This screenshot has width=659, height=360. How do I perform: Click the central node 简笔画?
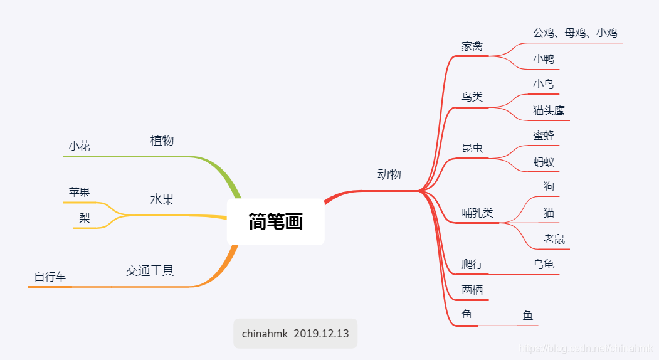[x=275, y=221]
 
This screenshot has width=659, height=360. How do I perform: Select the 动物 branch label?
[x=389, y=174]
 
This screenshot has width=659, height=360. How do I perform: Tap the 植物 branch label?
[x=162, y=140]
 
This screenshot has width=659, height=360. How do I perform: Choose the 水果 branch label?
[x=162, y=199]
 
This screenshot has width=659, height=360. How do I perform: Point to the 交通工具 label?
[x=150, y=271]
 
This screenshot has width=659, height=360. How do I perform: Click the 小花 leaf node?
[x=80, y=147]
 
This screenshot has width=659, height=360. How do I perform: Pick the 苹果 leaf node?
[x=80, y=192]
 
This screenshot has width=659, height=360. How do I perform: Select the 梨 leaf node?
[x=85, y=218]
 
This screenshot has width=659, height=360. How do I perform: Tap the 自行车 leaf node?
[x=50, y=277]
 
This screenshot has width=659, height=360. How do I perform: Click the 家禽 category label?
[x=472, y=46]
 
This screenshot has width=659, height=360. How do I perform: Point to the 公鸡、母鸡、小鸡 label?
[x=575, y=33]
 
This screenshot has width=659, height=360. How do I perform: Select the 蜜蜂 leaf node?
[x=544, y=135]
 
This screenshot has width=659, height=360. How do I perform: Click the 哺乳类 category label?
[x=478, y=213]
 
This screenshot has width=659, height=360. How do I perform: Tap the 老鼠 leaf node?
[x=554, y=239]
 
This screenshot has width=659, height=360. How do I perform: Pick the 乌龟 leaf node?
[x=544, y=264]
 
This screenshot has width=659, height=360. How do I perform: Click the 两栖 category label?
[x=472, y=290]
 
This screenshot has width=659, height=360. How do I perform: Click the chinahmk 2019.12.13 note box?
[x=295, y=334]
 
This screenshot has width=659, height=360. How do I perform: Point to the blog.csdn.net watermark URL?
[x=587, y=349]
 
